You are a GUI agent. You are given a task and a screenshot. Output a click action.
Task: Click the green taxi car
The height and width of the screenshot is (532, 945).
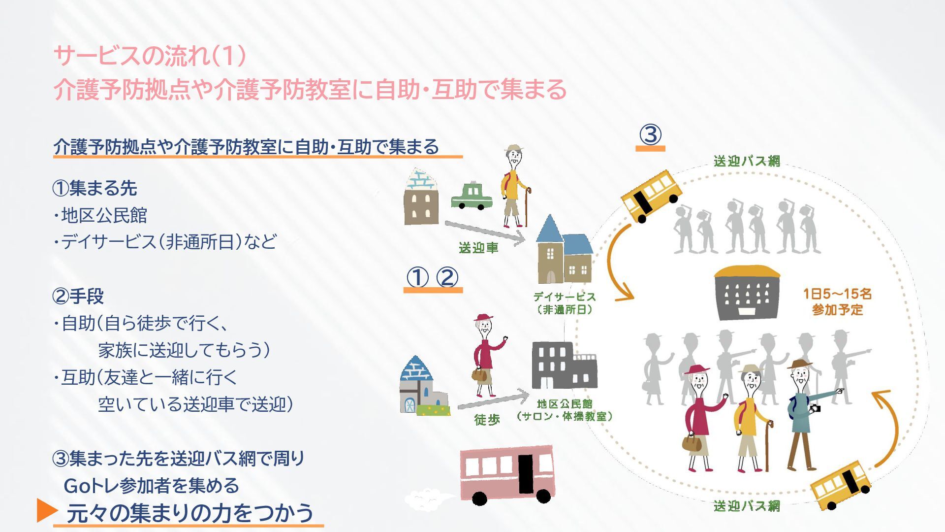tap(472, 196)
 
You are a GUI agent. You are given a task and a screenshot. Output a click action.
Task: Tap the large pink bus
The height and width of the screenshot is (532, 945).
tap(507, 475)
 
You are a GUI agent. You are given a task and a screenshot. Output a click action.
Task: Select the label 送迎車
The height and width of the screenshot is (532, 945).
tap(478, 248)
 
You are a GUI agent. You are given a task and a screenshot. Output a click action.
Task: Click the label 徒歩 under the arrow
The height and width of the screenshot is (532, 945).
tap(487, 419)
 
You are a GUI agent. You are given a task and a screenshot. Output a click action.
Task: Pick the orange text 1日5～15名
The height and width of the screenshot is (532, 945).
tap(837, 294)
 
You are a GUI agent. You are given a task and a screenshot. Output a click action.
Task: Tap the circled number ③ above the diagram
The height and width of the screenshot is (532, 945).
tap(650, 134)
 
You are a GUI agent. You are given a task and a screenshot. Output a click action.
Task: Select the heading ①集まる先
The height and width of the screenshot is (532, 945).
tap(94, 188)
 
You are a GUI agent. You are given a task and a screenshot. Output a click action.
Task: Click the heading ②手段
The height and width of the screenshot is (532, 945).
tap(78, 297)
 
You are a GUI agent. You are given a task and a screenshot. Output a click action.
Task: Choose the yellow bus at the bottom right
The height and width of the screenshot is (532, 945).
tap(840, 486)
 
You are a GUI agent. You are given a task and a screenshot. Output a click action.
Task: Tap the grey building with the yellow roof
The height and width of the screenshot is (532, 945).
tap(747, 292)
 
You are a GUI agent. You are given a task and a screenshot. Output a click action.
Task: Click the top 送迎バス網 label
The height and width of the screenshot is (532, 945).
tap(747, 161)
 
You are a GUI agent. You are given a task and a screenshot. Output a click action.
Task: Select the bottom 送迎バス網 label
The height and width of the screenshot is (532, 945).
tap(747, 506)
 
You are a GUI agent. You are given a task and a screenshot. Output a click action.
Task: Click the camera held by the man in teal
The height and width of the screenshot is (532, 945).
tap(816, 408)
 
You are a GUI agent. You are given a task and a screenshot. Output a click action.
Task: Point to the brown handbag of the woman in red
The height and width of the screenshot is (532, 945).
tap(691, 442)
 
